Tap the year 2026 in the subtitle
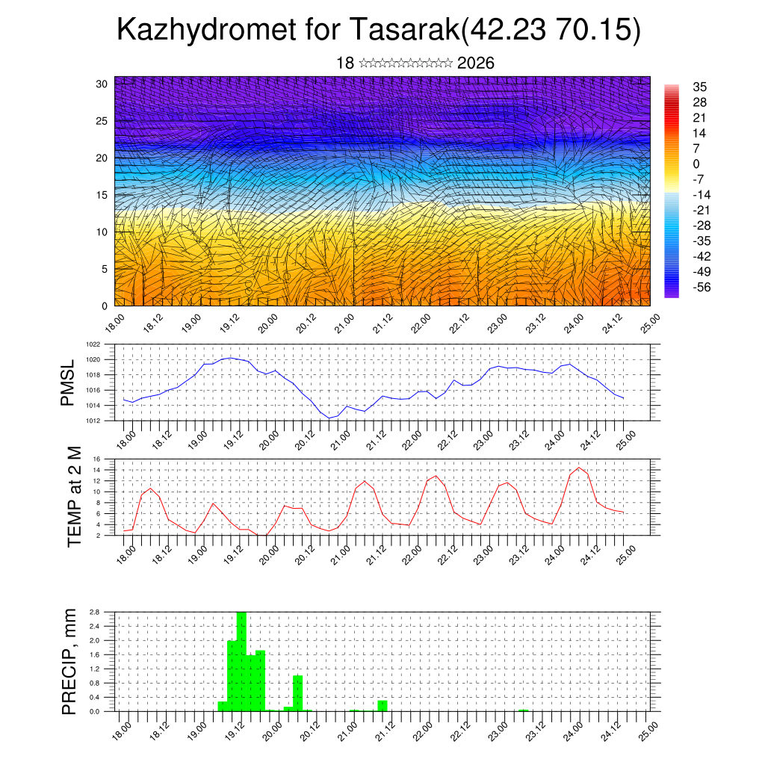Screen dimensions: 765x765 coord(475,63)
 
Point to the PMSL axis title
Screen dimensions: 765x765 coord(68,382)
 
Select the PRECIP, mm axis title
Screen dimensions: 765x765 coord(69,661)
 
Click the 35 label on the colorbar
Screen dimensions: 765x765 coord(700,87)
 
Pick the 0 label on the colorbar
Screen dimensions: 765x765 coord(696,164)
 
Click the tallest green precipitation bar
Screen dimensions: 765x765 coord(241,661)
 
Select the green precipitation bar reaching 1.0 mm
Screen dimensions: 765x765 coord(297,693)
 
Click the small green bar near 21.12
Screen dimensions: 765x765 coord(382,705)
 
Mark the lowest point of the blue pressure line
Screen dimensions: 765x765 coord(329,418)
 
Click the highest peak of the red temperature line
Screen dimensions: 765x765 coord(579,468)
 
